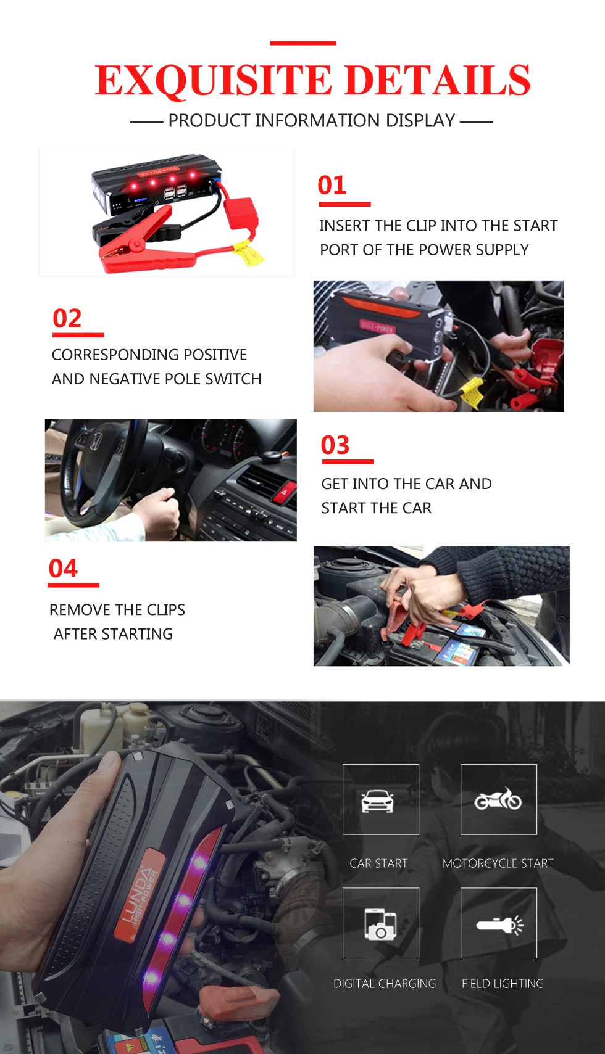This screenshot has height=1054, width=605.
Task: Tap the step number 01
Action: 332,186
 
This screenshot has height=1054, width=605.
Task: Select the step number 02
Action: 67,319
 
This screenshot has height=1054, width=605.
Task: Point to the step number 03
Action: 335,445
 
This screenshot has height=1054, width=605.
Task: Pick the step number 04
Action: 64,569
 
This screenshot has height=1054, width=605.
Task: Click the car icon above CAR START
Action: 378,800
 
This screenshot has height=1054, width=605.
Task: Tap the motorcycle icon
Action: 498,799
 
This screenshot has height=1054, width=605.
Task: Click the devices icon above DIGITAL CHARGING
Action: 380,924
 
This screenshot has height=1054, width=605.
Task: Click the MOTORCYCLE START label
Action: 498,863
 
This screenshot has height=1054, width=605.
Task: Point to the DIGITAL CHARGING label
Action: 385,984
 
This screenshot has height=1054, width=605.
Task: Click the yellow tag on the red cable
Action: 248,253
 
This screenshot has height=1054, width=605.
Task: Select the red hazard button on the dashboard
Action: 285,492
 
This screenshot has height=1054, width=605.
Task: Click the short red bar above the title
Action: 302,43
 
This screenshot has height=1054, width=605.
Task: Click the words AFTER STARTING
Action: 113,634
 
